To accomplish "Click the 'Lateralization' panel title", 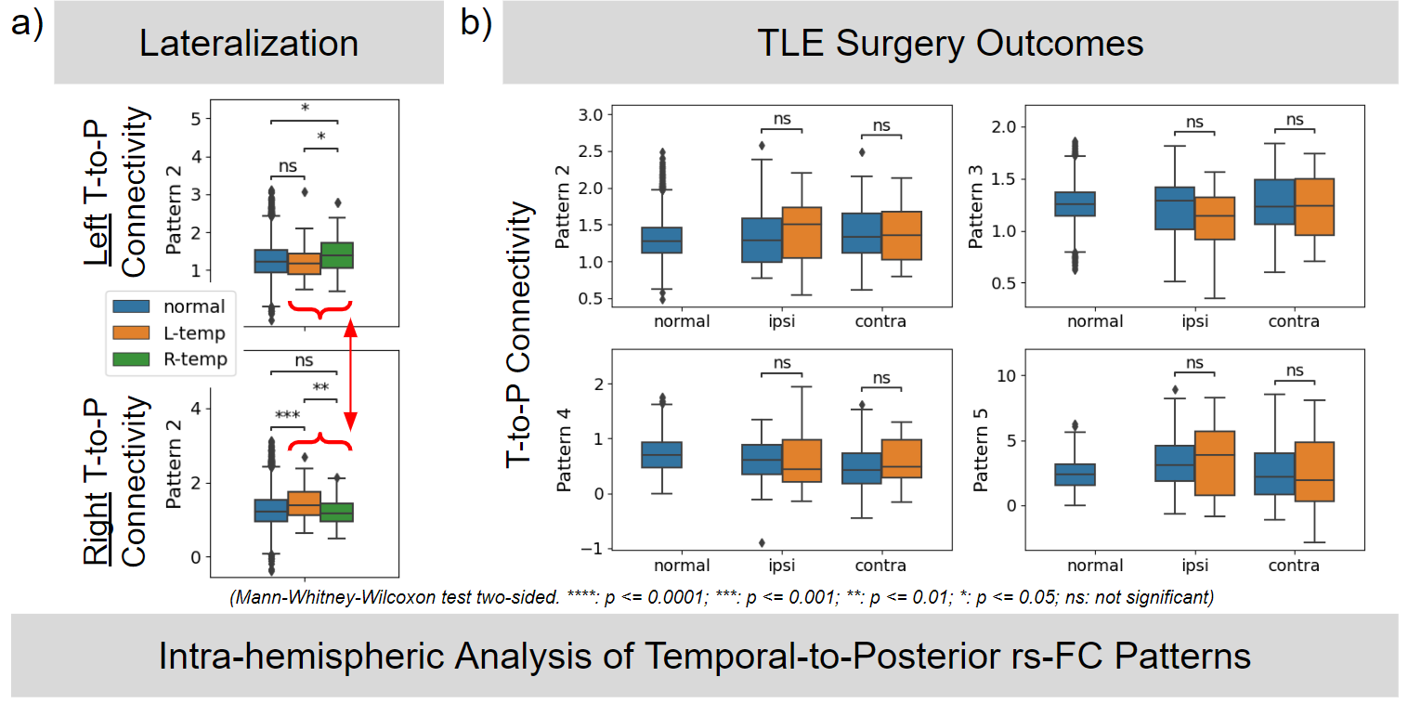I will tap(249, 45).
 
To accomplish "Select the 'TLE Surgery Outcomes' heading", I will tap(950, 44).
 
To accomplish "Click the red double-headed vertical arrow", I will tap(350, 369).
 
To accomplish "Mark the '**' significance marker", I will tap(321, 389).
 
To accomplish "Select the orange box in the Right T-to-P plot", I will tap(305, 502).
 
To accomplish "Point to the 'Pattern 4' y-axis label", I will tap(563, 451).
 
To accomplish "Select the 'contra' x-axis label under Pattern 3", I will tap(1293, 322).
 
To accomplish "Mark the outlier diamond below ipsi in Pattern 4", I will tap(762, 543).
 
